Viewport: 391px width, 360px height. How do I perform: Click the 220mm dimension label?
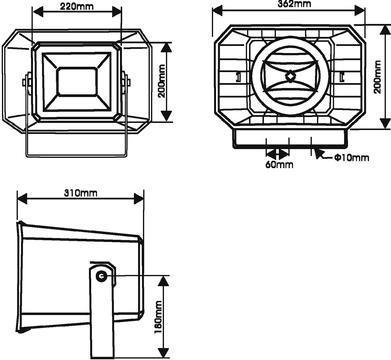77,6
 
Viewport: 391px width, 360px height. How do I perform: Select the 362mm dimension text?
294,4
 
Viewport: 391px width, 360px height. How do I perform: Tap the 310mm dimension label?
81,193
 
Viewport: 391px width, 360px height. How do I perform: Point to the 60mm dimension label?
279,164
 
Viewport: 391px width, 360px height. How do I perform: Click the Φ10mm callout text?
352,157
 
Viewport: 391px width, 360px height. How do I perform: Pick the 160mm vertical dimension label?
158,317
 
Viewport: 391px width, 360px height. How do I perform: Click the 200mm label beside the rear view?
163,81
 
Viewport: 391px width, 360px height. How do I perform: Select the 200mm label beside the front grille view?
377,77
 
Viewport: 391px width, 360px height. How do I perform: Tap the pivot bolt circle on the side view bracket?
101,276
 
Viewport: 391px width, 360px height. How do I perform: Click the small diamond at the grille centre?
291,76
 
